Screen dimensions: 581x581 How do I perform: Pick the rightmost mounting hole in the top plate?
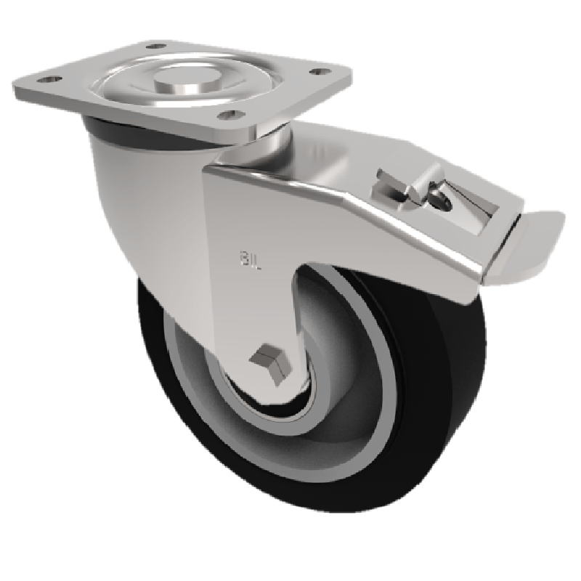[317, 71]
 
